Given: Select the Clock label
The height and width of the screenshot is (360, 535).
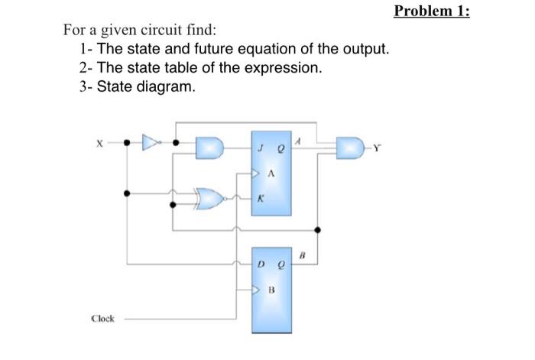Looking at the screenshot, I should pos(103,319).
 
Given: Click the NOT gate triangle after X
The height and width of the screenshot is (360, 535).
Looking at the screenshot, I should pos(151,142).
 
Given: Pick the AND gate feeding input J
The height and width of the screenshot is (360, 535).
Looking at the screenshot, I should pos(208,148).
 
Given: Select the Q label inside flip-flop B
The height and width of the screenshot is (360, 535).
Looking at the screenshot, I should pos(280,265).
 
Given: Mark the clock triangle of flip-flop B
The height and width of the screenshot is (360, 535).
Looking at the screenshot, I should pos(258,290).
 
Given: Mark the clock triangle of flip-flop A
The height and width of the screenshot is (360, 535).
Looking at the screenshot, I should pos(258,174).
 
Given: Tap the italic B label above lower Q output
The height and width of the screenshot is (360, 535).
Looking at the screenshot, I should pos(302,254).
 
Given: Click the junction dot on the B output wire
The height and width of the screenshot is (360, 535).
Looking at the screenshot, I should pos(317,229).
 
